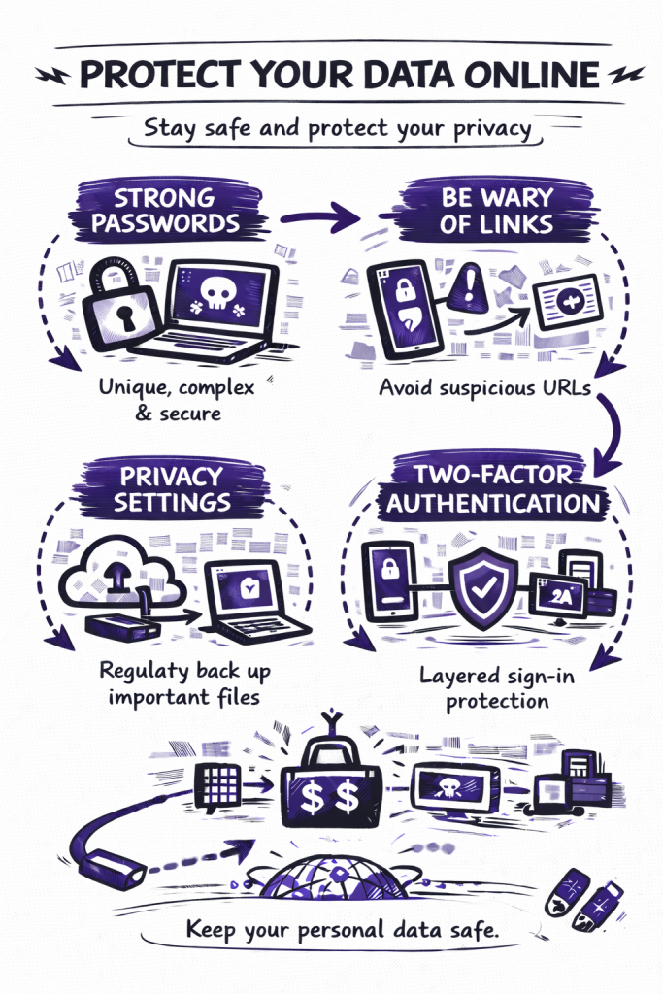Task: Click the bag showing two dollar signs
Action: pyautogui.click(x=329, y=791)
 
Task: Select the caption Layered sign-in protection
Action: pyautogui.click(x=496, y=686)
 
